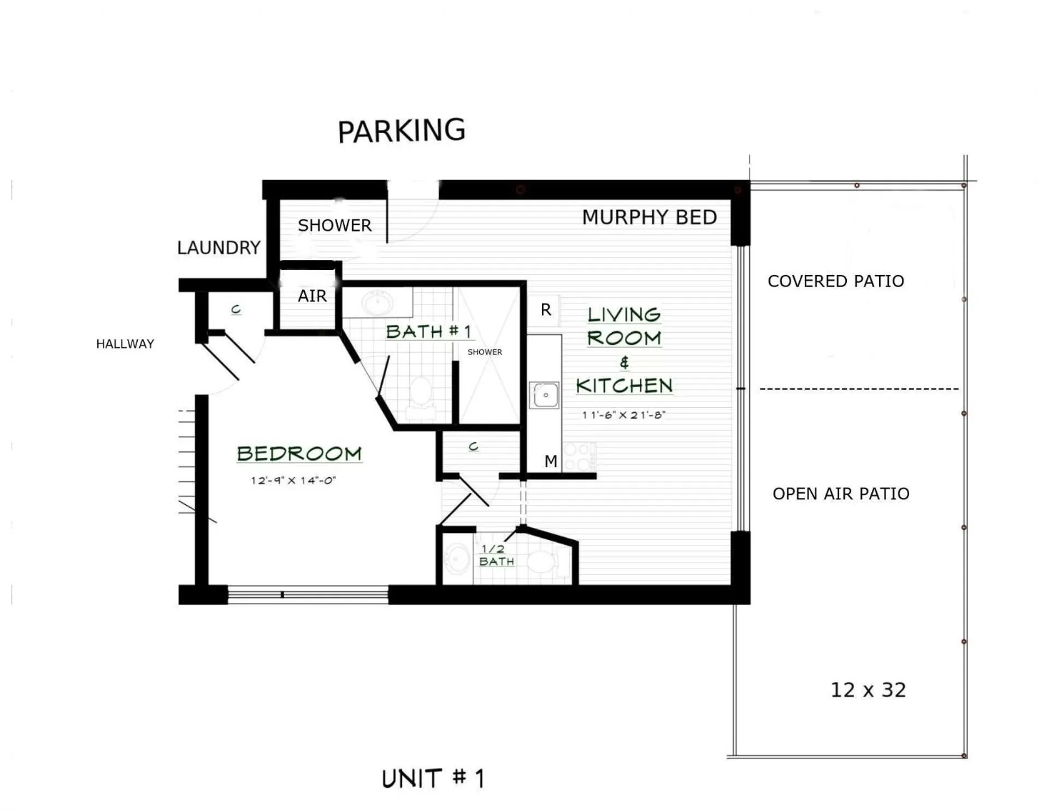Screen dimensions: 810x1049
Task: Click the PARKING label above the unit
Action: coord(402,131)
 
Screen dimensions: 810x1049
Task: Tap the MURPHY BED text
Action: coord(649,218)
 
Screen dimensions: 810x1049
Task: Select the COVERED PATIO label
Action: coord(835,281)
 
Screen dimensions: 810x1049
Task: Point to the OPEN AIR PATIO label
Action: coord(840,494)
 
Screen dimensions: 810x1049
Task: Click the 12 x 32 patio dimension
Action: coord(868,690)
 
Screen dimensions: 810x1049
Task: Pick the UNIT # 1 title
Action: coord(433,778)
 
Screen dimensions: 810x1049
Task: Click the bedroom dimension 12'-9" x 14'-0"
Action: coord(293,480)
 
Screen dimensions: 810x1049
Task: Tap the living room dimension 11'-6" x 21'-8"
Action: coord(623,415)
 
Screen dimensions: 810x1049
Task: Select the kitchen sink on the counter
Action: coord(545,395)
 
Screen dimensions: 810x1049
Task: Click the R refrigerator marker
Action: coord(546,310)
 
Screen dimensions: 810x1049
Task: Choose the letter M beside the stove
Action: coord(551,462)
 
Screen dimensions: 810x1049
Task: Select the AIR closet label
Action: coord(312,296)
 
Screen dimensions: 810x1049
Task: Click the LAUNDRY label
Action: coord(219,248)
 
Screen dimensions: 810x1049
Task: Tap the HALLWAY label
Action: coord(125,344)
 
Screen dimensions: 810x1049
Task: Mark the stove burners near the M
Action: coord(579,457)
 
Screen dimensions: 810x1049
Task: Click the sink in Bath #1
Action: coord(377,302)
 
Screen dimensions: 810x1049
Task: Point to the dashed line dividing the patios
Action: coord(859,389)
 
